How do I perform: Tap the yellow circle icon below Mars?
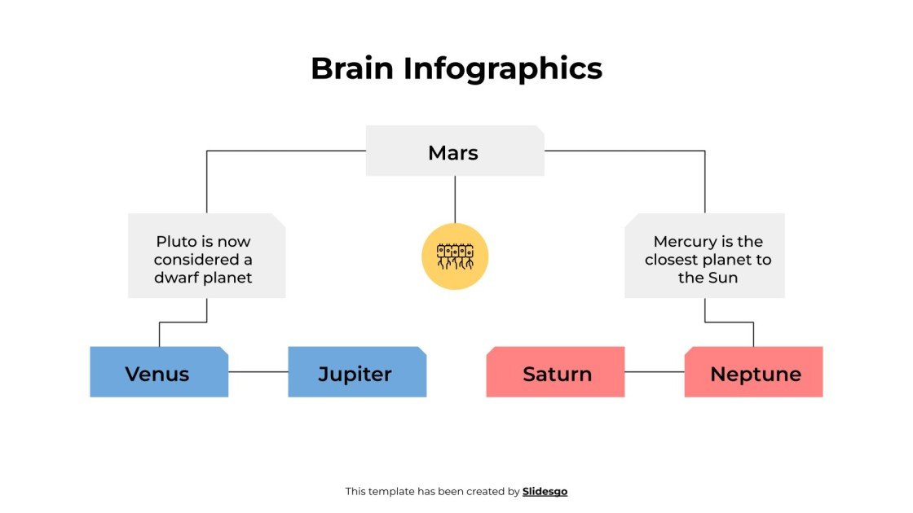pos(455,256)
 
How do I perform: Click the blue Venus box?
pos(157,374)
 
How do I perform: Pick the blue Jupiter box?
pos(355,374)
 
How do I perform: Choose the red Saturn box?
pos(557,374)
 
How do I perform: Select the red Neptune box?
pos(755,374)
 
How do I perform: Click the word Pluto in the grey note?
pos(174,242)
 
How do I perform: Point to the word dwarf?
pos(179,278)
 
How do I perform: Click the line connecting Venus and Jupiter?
pos(258,372)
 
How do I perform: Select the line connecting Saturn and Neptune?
pos(654,372)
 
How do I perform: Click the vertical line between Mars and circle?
pos(455,199)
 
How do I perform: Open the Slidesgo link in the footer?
pos(545,491)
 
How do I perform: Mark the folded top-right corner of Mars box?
pos(540,129)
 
